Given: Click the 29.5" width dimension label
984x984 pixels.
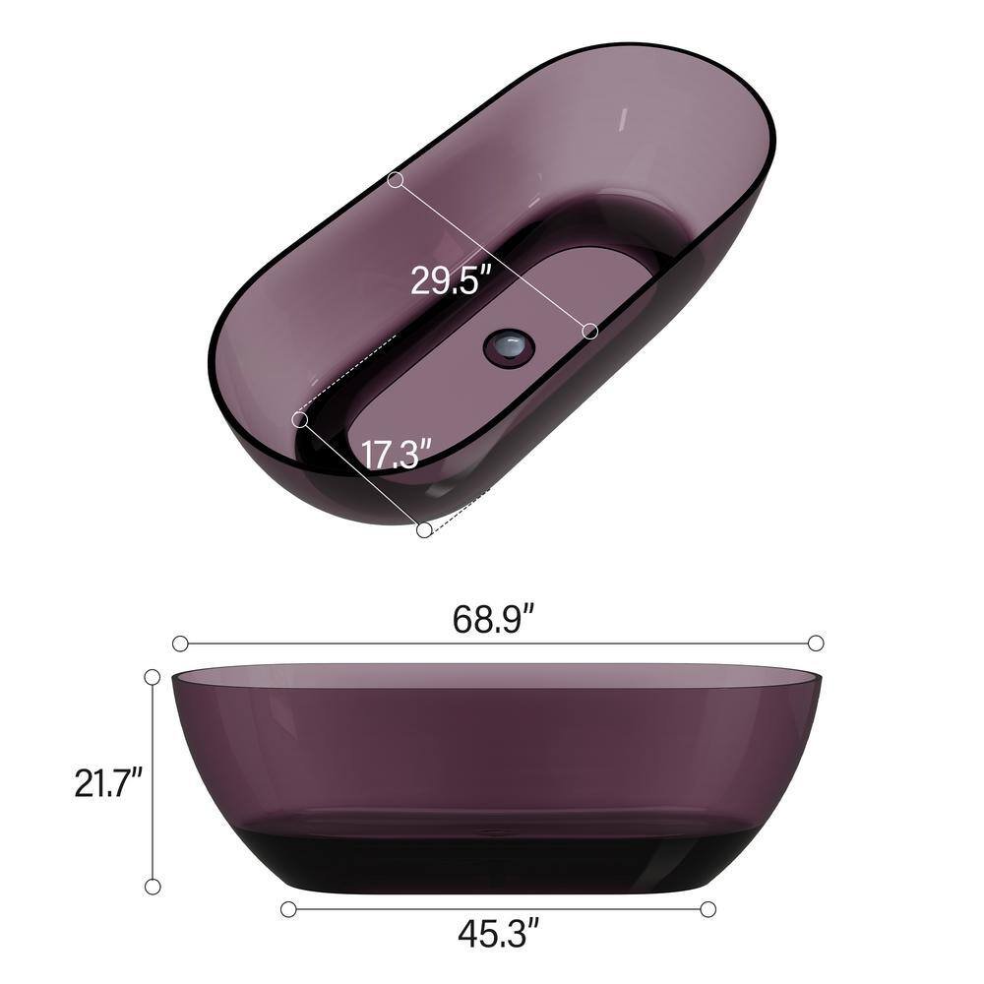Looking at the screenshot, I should (x=450, y=281).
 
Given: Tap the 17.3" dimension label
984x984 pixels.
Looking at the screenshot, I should (x=397, y=456).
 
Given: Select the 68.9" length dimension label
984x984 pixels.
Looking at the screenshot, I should (x=493, y=619).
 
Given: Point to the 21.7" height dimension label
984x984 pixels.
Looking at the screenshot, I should (x=109, y=783).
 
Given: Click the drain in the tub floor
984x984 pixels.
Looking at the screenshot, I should (x=509, y=346).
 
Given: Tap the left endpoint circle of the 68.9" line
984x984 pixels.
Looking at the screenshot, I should (x=180, y=644).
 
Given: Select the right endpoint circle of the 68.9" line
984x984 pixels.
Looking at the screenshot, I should (x=815, y=644).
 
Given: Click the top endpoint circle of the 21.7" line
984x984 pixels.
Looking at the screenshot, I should (x=153, y=677).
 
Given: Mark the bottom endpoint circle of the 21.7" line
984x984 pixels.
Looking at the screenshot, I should (x=153, y=887).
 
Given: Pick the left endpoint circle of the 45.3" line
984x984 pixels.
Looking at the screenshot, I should (x=287, y=909).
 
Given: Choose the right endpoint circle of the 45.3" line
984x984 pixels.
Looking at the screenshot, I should (x=707, y=909).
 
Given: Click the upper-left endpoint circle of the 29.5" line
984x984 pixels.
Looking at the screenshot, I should (x=396, y=180).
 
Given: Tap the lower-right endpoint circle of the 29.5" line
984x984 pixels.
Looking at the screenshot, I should (x=590, y=332).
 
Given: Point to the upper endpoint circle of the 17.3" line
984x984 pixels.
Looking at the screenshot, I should (x=300, y=419).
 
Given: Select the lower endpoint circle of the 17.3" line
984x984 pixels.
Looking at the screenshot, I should (x=423, y=530).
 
